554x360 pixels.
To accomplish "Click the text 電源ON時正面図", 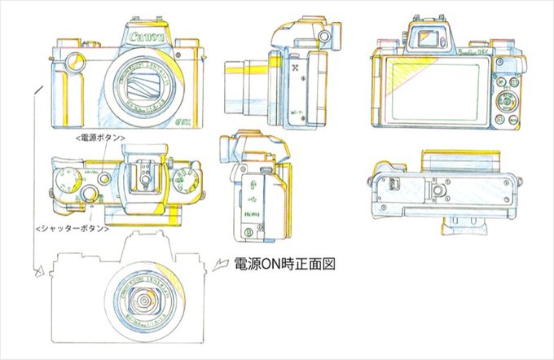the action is (285, 264).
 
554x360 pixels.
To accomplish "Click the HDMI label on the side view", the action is (252, 213).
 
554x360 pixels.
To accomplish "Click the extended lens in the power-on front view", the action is (147, 302).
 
